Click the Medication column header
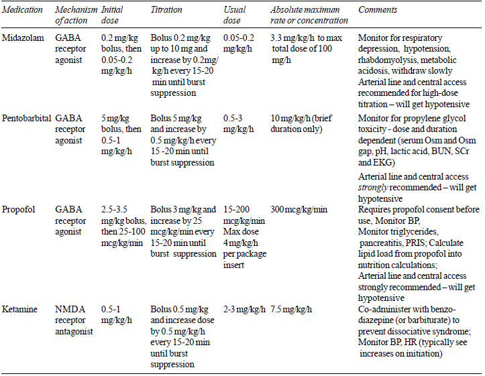tap(22, 10)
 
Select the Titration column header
tap(166, 10)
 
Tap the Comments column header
tap(378, 10)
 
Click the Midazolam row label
tap(23, 38)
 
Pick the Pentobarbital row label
tap(26, 119)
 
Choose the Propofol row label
tap(18, 210)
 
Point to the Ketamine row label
tap(19, 310)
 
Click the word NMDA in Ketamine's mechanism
tap(70, 310)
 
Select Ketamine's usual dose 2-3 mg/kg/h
tap(244, 310)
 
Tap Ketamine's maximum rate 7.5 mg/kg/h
tap(291, 310)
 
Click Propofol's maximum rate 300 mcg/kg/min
tap(299, 210)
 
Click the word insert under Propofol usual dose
tap(233, 265)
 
